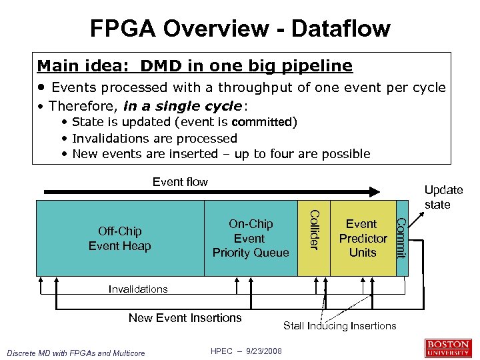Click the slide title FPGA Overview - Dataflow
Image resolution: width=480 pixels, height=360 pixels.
tap(240, 28)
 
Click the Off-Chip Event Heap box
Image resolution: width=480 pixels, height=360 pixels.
tap(120, 238)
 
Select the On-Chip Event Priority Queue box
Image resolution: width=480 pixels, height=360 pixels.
tap(251, 238)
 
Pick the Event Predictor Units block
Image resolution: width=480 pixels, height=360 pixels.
tap(363, 238)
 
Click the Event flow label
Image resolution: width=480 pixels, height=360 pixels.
tap(180, 181)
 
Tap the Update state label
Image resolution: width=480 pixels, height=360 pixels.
tap(443, 197)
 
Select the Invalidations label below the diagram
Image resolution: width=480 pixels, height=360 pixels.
tap(138, 289)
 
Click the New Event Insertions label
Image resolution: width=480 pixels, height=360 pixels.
tap(185, 318)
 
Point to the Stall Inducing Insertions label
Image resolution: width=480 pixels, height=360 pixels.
tap(339, 325)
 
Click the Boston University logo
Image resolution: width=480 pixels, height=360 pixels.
tap(448, 348)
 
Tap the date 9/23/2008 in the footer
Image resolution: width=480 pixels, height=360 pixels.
tap(264, 351)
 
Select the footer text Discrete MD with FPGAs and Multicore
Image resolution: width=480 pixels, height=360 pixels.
tap(77, 353)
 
